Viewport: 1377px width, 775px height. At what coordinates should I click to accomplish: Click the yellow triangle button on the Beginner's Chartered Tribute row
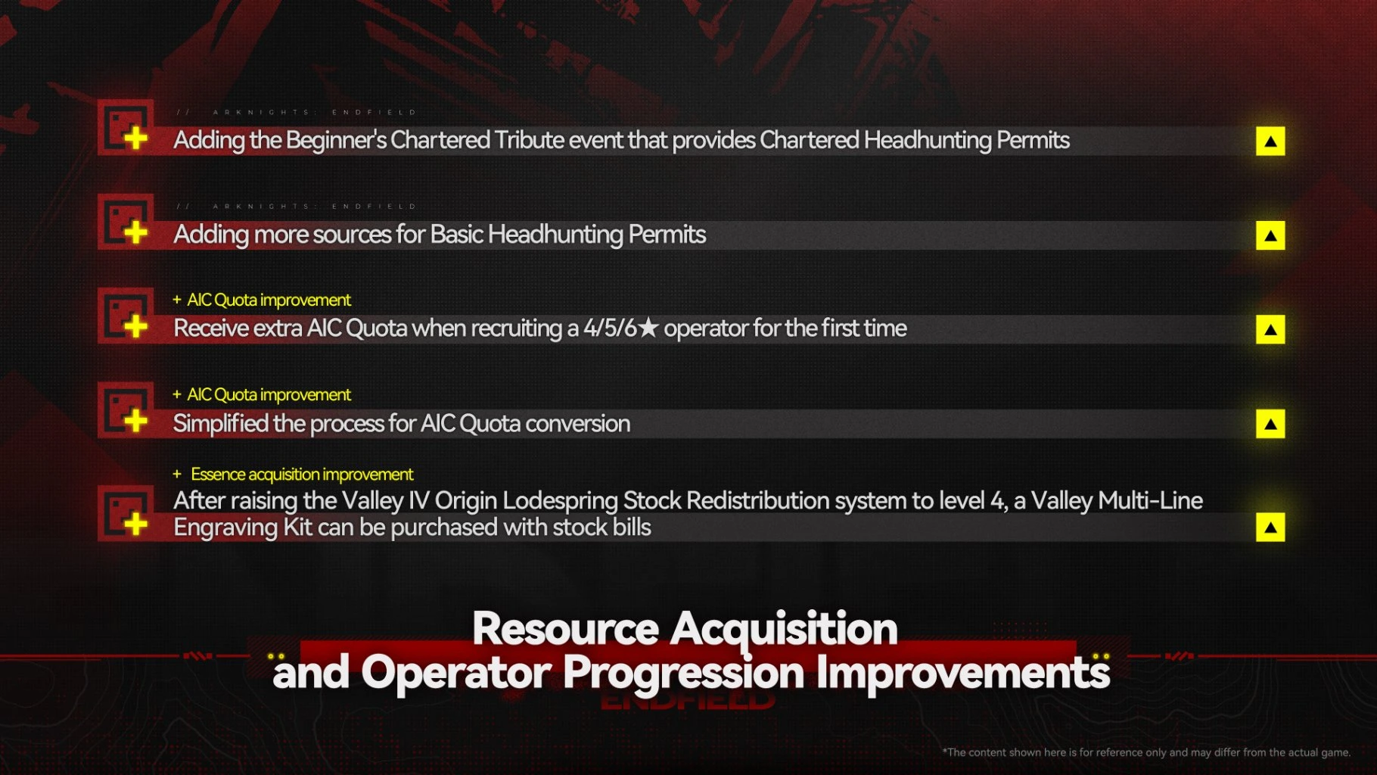1270,141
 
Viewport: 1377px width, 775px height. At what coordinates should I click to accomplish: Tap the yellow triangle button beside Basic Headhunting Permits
1270,235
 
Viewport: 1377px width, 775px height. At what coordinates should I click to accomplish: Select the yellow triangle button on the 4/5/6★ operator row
1270,329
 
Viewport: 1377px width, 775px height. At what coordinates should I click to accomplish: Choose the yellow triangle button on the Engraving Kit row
1270,528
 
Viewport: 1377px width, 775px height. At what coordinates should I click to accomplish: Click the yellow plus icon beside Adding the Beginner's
135,139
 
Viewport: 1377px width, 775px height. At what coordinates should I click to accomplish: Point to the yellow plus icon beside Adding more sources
135,232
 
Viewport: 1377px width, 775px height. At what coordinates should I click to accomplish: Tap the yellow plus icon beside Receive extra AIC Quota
135,327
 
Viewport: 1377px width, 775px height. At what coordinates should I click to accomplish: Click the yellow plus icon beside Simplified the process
135,421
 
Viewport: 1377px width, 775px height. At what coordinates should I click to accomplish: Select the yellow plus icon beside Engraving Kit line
135,524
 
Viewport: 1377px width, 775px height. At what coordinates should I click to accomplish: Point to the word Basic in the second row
456,235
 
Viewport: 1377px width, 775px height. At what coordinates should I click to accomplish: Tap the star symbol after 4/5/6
648,328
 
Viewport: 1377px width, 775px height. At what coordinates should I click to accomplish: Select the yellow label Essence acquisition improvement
302,475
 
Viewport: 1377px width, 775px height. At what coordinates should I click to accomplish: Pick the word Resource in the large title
566,629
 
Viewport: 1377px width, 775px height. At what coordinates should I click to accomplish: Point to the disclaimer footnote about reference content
1146,752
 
